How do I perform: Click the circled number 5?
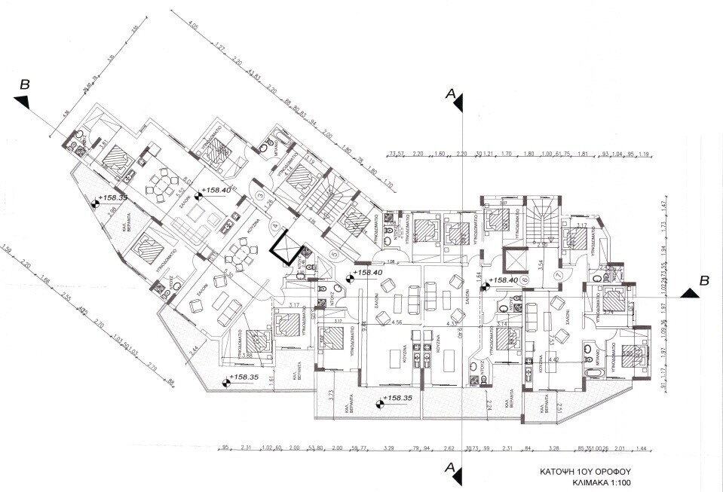pos(334,254)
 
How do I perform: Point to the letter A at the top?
pos(450,93)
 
